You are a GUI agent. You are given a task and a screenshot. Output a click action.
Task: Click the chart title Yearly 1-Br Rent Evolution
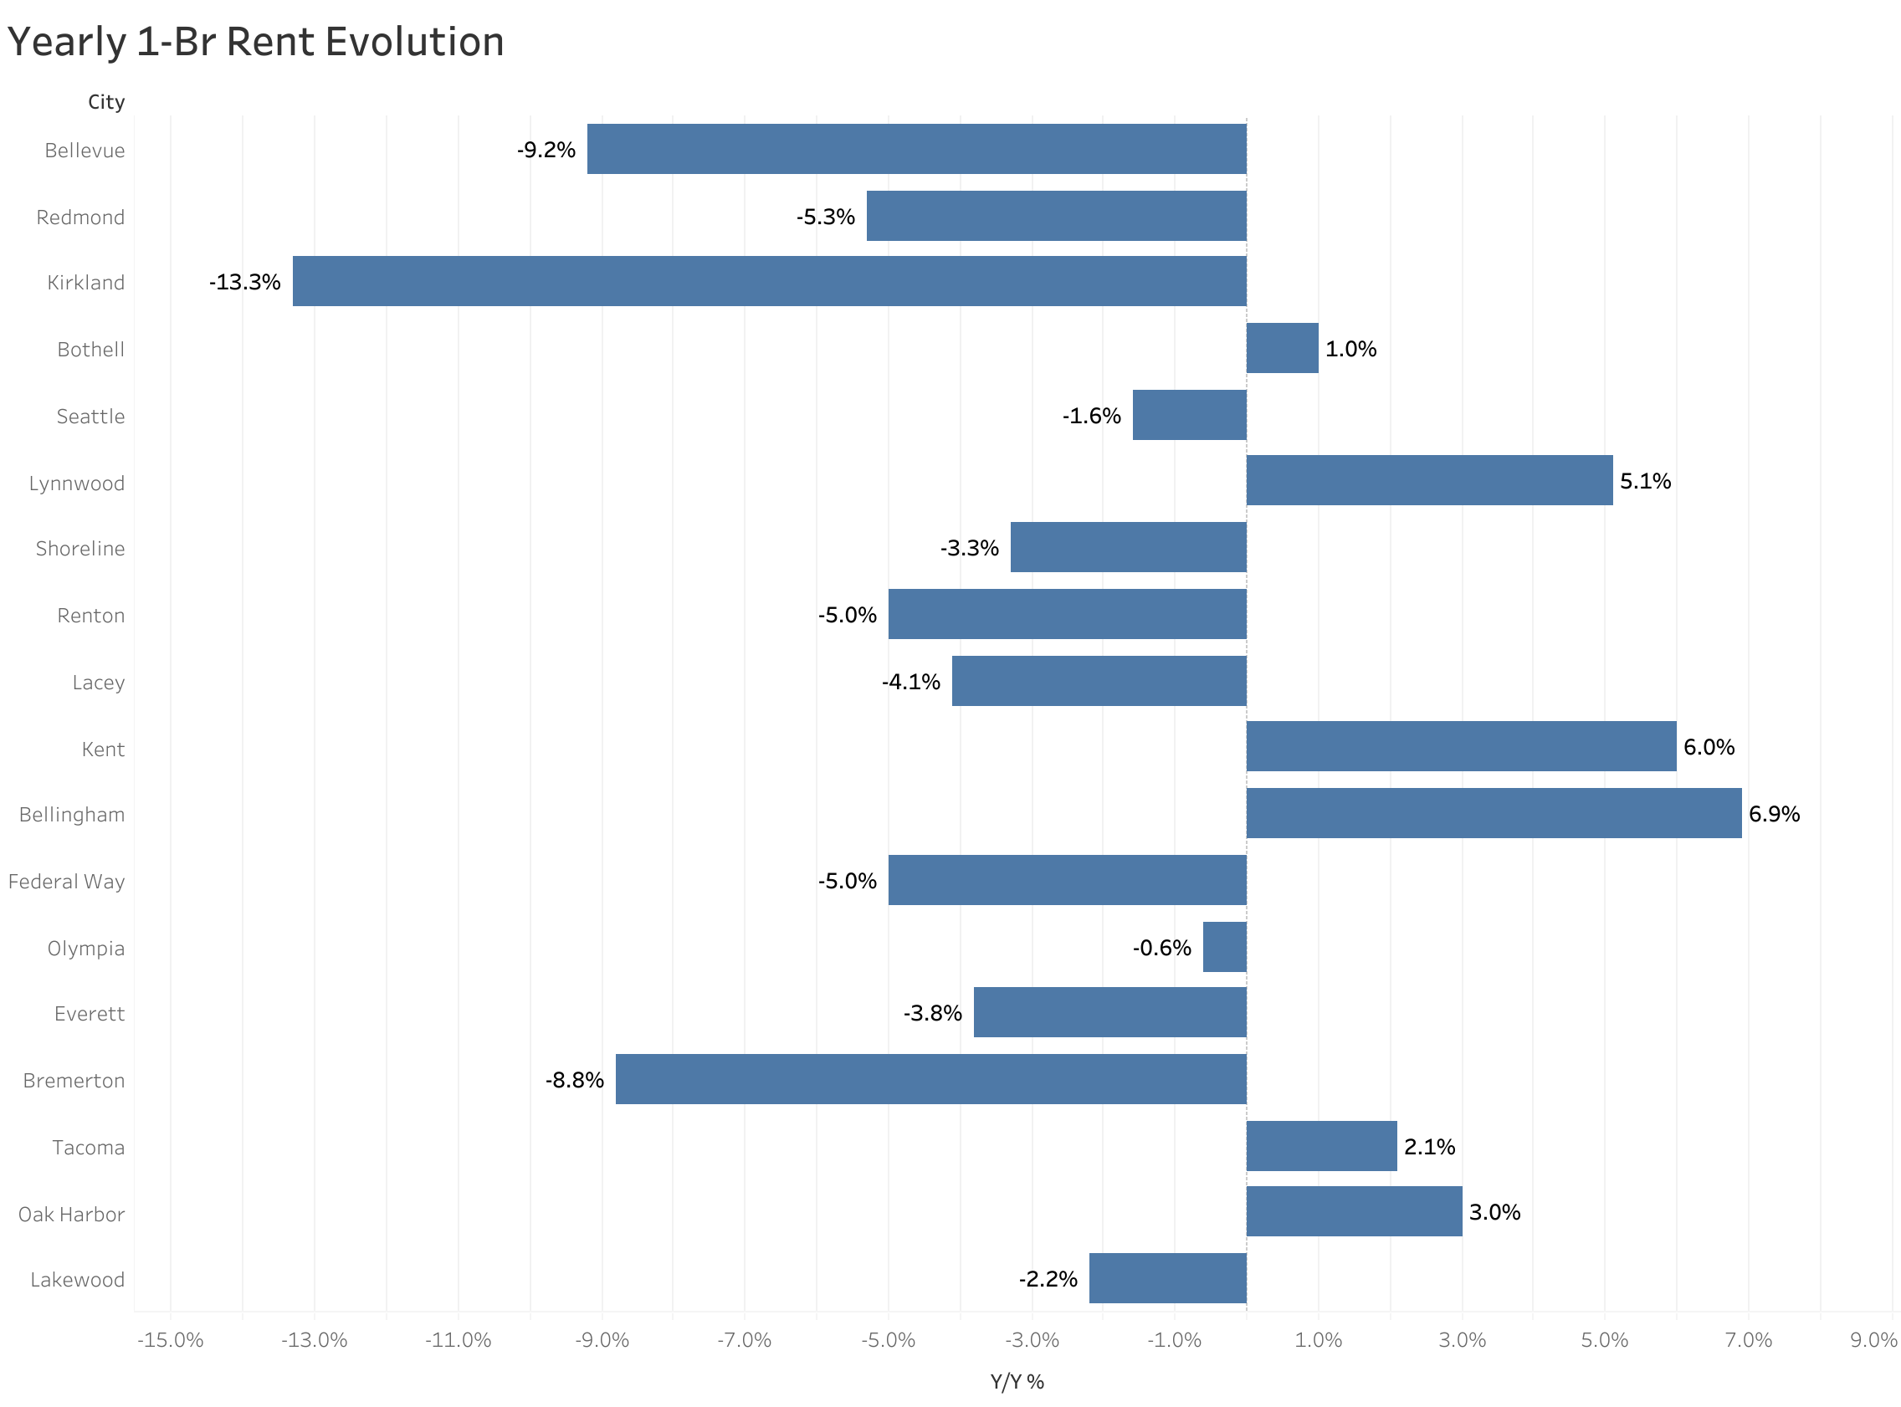255,42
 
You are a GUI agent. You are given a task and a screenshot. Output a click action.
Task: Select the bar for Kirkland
769,281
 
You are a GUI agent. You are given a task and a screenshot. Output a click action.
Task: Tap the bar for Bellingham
1493,812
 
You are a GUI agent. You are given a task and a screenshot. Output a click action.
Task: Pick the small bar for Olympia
1224,946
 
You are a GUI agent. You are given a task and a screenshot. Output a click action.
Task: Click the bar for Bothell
1282,347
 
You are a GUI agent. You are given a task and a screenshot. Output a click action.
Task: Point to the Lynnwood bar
1429,480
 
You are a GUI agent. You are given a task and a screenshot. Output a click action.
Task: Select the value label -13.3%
244,282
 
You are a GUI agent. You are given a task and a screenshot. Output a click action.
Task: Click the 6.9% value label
1773,813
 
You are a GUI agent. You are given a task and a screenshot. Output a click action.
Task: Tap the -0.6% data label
1161,947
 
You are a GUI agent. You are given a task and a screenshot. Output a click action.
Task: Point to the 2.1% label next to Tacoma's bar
1428,1146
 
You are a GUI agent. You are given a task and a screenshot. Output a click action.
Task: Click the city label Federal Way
66,881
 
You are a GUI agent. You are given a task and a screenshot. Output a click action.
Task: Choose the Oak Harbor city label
72,1214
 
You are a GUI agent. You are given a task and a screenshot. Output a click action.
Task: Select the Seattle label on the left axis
90,416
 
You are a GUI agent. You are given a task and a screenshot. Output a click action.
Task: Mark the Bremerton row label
74,1080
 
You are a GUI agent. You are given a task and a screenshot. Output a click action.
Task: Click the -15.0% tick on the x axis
171,1340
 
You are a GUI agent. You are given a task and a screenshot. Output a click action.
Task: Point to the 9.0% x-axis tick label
1872,1340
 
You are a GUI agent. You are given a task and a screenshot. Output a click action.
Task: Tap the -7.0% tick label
744,1340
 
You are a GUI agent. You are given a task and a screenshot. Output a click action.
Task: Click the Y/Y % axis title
1016,1381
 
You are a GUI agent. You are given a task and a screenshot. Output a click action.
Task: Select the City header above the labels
106,102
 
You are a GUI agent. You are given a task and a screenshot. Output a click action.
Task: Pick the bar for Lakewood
1167,1277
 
